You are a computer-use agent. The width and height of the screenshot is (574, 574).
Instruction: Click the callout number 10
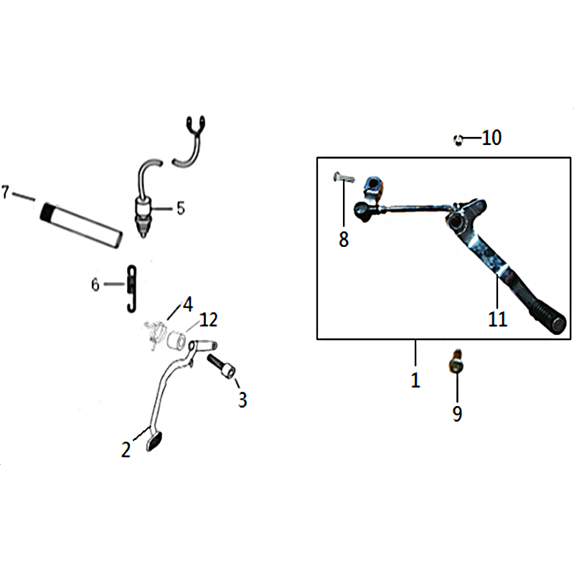tap(491, 138)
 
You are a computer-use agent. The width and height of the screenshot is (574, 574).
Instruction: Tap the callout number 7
tap(5, 192)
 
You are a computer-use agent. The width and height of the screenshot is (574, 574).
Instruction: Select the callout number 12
tap(209, 319)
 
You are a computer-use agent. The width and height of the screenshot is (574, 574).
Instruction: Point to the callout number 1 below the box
tap(415, 380)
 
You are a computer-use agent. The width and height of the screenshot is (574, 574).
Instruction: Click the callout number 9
tap(457, 414)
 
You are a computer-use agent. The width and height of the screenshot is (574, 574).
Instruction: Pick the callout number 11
tap(497, 319)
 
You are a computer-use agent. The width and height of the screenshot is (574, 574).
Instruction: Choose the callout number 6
tap(95, 284)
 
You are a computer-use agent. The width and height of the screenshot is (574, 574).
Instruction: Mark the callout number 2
tap(126, 450)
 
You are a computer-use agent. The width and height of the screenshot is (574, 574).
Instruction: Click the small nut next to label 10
tap(458, 140)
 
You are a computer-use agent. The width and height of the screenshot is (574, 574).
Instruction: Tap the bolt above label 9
tap(455, 362)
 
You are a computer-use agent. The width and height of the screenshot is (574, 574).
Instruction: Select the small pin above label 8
tap(344, 178)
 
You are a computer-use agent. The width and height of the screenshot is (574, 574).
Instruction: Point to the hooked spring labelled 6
tap(131, 289)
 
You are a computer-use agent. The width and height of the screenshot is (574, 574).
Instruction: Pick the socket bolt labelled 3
tap(222, 366)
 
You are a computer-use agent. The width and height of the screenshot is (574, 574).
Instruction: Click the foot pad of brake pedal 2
tap(154, 441)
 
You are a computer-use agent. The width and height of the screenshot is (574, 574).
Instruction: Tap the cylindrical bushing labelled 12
tap(176, 339)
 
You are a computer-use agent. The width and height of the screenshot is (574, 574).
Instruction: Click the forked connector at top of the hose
tap(195, 126)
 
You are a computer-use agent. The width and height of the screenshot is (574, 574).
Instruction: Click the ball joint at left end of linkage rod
tap(362, 210)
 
